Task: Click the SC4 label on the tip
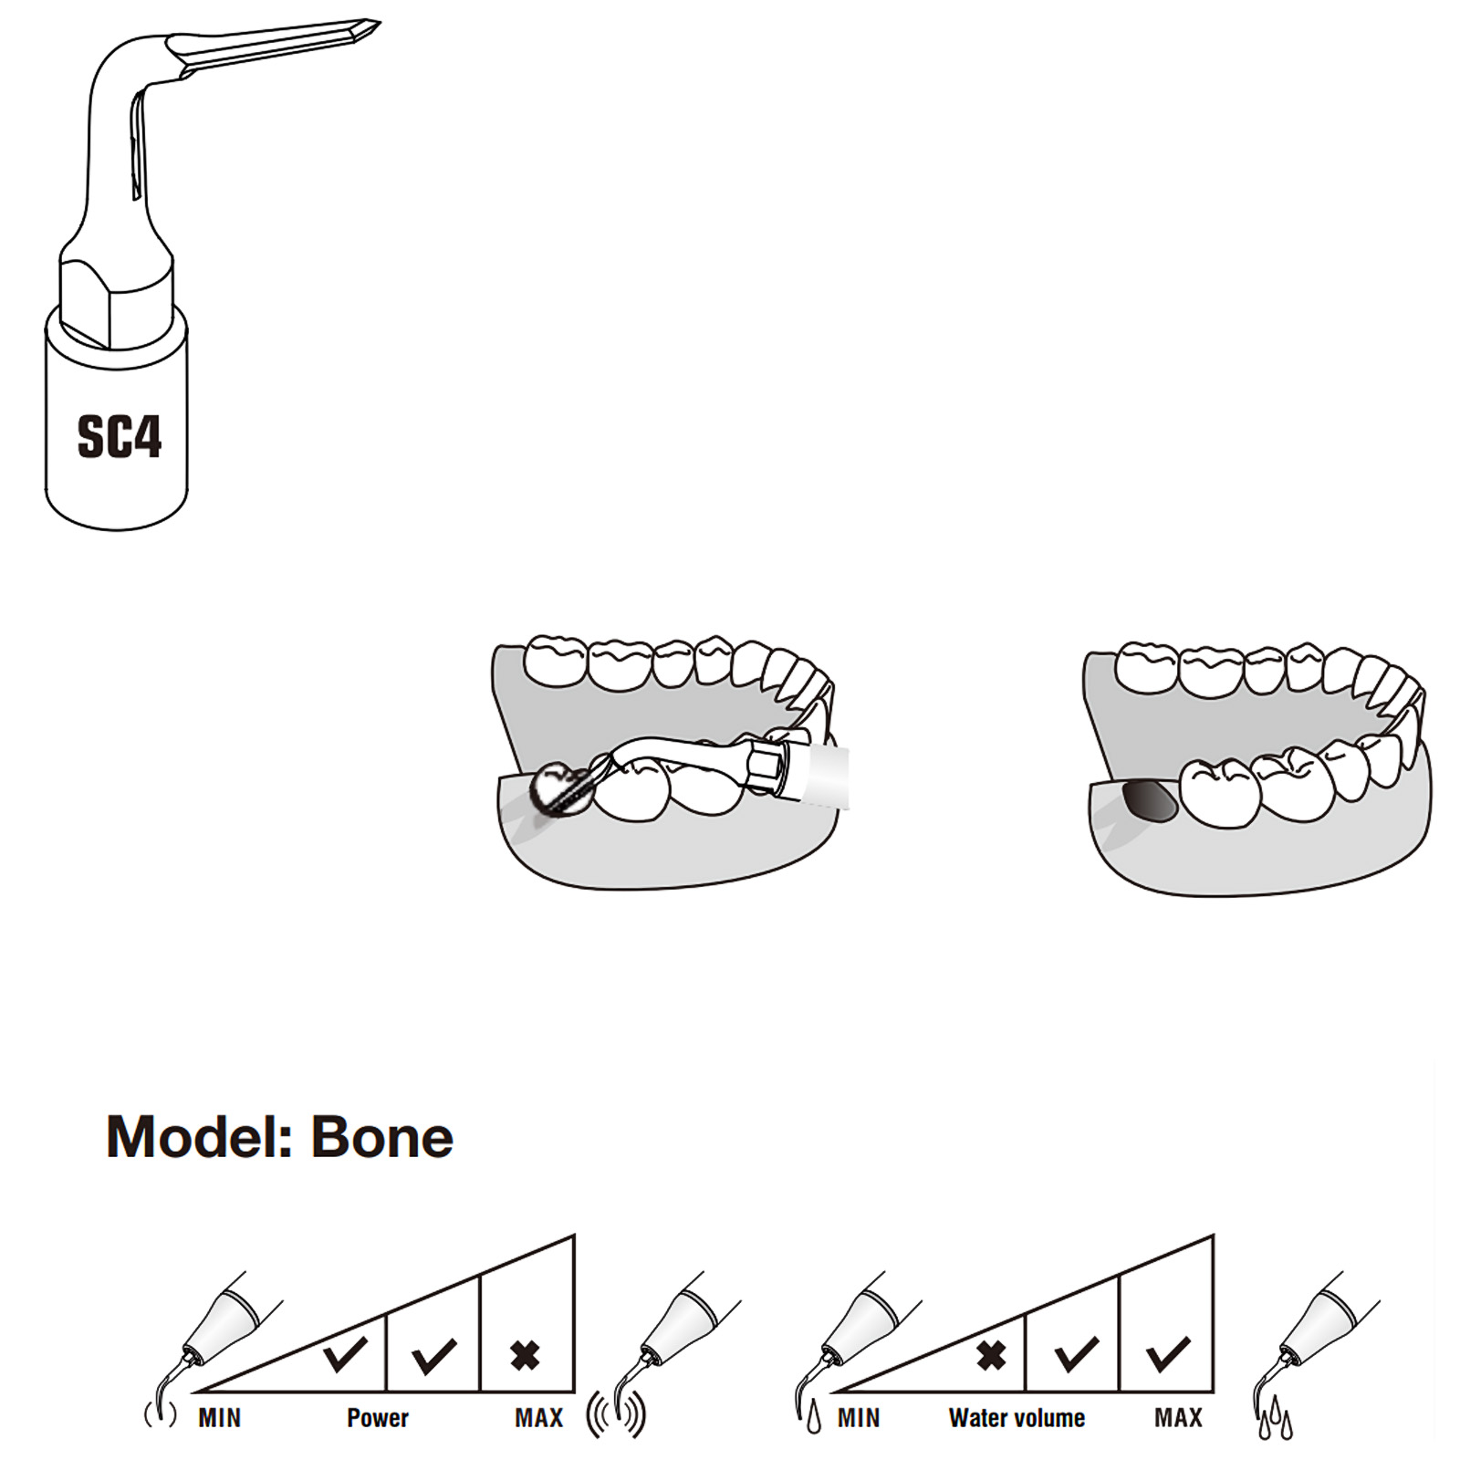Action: (120, 436)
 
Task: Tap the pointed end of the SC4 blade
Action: (380, 22)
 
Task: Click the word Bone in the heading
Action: (382, 1137)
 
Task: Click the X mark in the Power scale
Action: (526, 1356)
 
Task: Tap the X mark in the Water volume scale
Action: (991, 1356)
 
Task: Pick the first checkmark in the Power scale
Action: (345, 1353)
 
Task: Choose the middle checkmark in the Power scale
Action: (434, 1356)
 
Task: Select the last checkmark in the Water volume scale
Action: (1168, 1354)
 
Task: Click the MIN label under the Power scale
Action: (220, 1418)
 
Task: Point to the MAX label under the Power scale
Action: (539, 1418)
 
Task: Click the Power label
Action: (378, 1418)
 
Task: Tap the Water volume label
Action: (1017, 1418)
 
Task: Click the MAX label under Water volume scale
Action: (1178, 1418)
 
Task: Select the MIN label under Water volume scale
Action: (859, 1418)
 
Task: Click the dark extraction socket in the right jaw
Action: (1149, 801)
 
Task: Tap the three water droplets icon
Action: (1276, 1420)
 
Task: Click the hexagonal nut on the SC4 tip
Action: (116, 301)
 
